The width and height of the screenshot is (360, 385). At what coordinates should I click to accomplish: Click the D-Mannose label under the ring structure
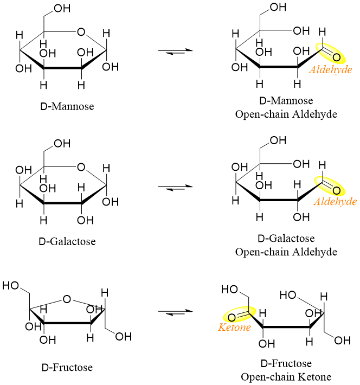[x=68, y=106]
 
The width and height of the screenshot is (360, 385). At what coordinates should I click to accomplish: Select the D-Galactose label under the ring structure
[x=69, y=241]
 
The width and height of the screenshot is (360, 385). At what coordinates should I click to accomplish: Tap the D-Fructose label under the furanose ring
[x=67, y=368]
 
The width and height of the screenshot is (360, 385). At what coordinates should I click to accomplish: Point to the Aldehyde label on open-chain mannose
[x=330, y=69]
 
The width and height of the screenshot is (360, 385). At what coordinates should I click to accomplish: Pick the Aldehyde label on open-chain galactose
[x=335, y=202]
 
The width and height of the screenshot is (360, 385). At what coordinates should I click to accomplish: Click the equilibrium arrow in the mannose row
[x=175, y=51]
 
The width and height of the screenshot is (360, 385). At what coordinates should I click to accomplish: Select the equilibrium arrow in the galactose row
[x=175, y=187]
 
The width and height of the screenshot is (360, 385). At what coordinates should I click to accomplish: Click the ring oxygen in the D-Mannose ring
[x=81, y=31]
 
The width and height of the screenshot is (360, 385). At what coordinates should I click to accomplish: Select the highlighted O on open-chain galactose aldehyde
[x=337, y=190]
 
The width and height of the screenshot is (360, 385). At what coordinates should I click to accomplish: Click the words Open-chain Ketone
[x=286, y=376]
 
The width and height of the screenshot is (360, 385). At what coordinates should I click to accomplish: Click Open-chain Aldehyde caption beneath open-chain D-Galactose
[x=286, y=252]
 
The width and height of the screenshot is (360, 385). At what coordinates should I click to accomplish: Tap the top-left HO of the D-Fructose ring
[x=12, y=284]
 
